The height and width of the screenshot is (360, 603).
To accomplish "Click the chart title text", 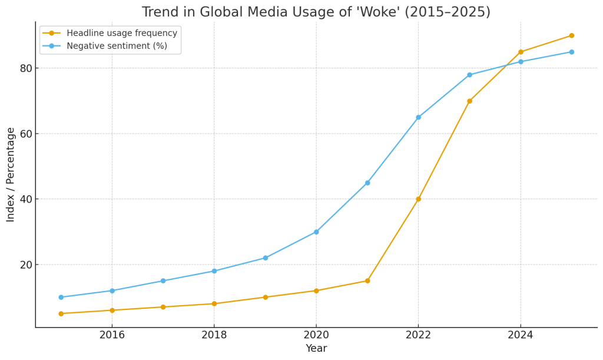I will tap(316, 12).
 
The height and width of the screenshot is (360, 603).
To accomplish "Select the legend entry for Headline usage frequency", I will tap(121, 34).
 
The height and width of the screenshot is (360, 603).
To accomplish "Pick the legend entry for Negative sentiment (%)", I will tap(117, 46).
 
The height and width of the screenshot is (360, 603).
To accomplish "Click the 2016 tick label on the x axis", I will tap(112, 335).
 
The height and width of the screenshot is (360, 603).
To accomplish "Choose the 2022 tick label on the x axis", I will tap(418, 335).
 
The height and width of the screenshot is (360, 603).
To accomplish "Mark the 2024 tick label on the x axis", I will tap(521, 335).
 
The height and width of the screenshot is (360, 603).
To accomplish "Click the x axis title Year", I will tap(316, 349).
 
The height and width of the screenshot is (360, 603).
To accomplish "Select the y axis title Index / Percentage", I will tap(11, 174).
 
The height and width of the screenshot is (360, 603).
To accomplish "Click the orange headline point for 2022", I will tap(418, 199).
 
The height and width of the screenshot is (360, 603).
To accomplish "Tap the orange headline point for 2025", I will tap(571, 35).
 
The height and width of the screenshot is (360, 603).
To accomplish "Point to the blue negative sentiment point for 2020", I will tap(316, 232).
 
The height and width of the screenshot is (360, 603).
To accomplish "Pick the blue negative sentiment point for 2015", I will tap(61, 298).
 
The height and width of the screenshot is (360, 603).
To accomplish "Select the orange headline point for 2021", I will tap(367, 281).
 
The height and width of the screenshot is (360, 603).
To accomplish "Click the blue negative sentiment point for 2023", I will tap(469, 75).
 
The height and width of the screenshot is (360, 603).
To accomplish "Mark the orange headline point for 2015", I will tap(61, 313).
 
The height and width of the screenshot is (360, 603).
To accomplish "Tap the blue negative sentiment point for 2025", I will tap(571, 52).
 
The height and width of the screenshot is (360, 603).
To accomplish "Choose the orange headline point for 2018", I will tap(214, 304).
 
